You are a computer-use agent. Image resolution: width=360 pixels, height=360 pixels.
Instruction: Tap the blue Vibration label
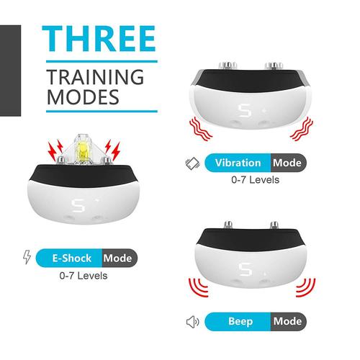pos(238,162)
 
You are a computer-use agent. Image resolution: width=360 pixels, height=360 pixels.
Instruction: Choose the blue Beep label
pos(238,322)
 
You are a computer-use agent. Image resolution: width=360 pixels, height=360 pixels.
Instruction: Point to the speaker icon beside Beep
pos(192,322)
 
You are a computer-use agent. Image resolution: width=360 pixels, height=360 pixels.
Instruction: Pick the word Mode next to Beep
pos(287,322)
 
